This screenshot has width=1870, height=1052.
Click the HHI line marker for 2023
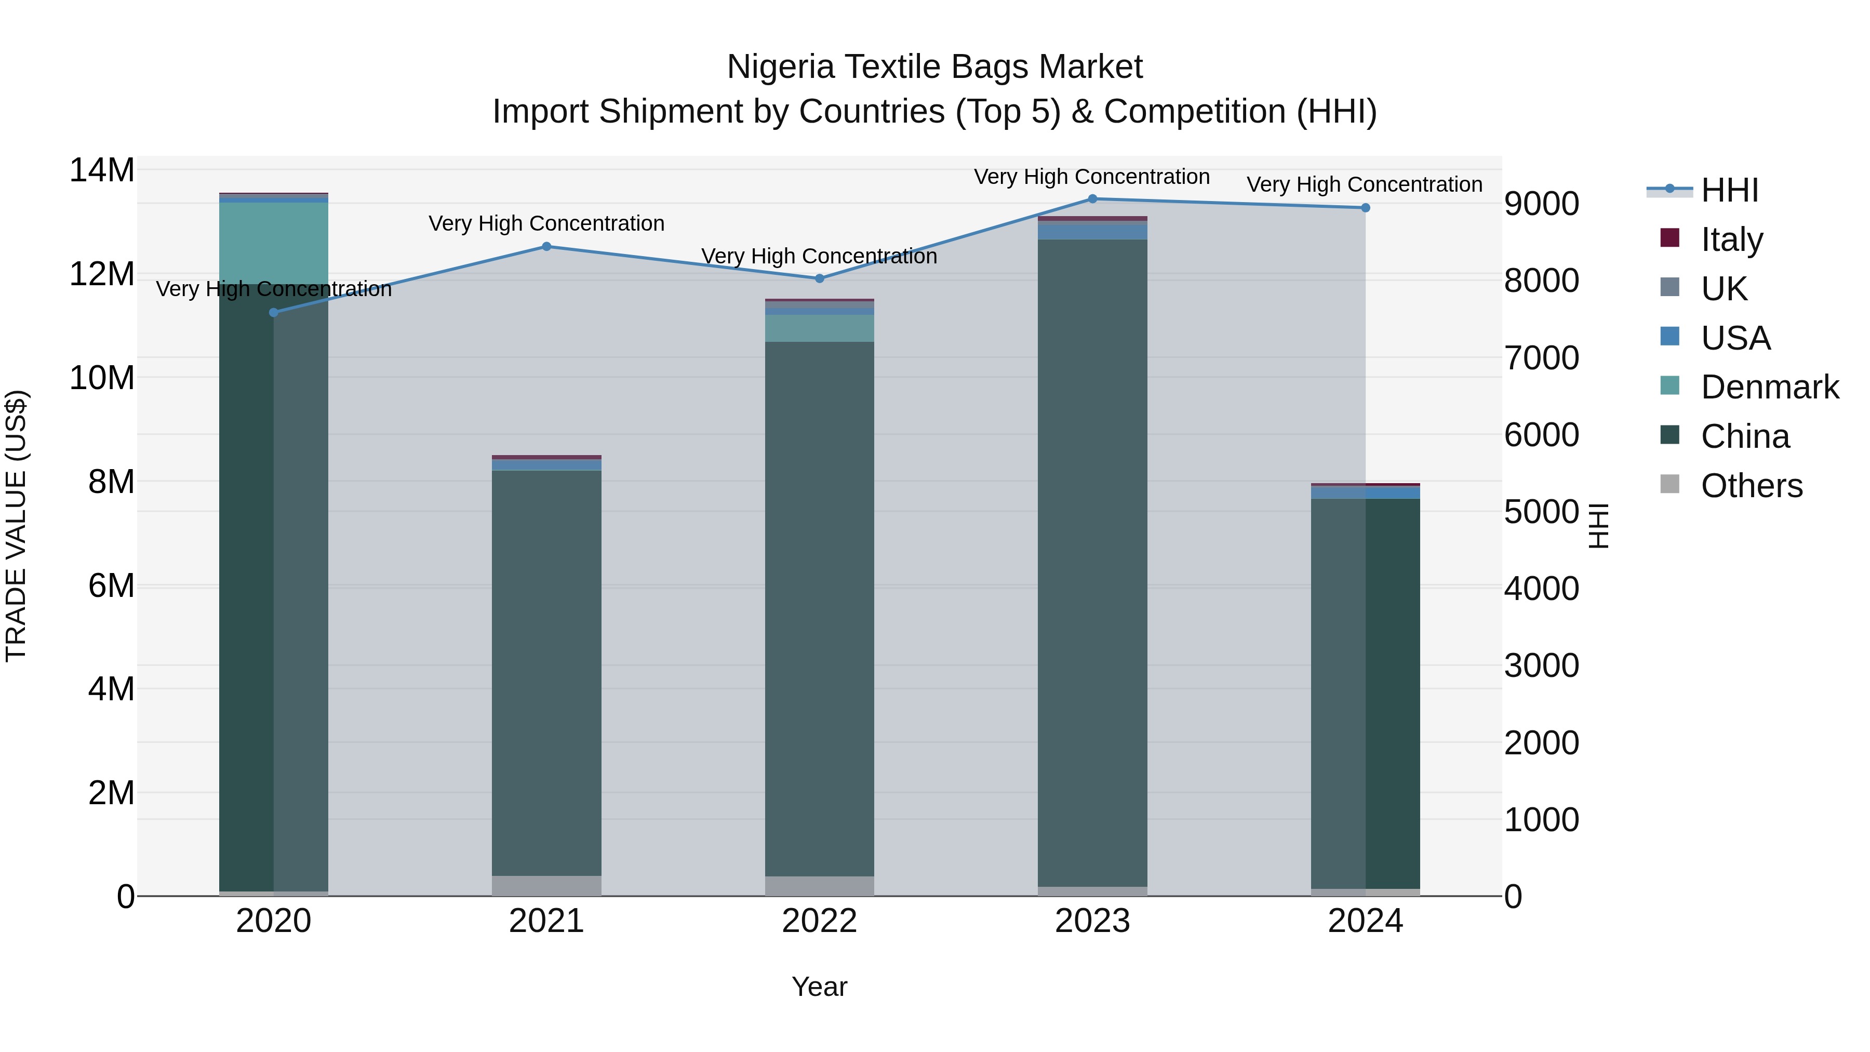click(x=1092, y=199)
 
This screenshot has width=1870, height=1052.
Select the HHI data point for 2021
click(x=546, y=247)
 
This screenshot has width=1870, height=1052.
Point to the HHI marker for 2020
click(x=274, y=313)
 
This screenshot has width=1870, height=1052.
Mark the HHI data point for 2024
click(x=1366, y=208)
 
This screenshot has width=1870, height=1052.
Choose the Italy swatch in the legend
click(x=1669, y=238)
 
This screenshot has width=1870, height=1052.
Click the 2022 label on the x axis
click(x=820, y=921)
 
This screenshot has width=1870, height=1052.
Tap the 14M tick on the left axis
click(x=102, y=170)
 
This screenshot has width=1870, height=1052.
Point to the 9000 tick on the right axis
click(x=1541, y=204)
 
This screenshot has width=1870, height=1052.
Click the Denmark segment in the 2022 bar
click(x=820, y=328)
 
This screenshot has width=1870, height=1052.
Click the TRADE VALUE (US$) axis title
click(x=16, y=526)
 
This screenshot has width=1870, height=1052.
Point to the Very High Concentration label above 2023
click(x=1092, y=177)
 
